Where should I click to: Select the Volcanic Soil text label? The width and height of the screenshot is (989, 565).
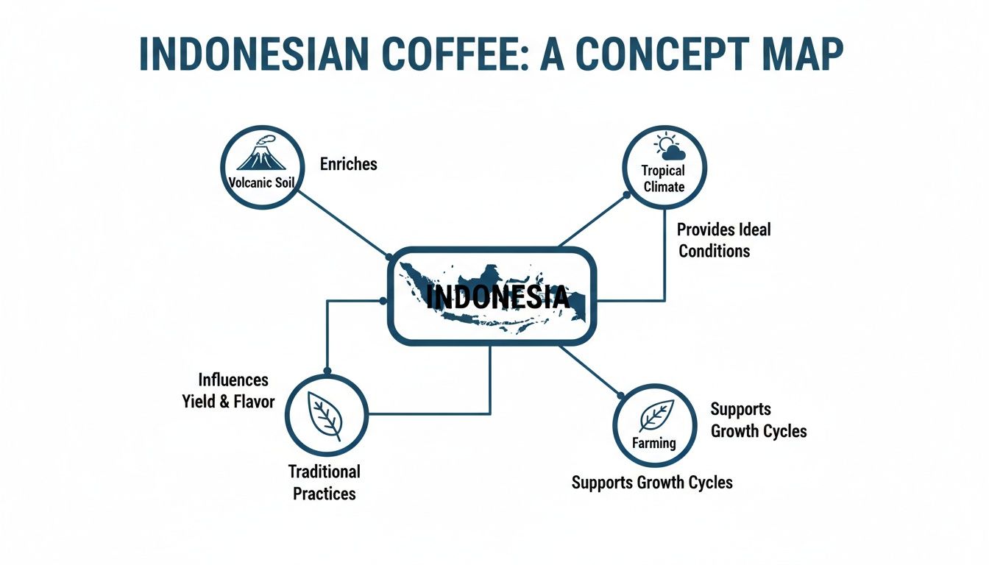point(263,182)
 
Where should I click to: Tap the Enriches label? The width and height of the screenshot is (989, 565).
point(348,164)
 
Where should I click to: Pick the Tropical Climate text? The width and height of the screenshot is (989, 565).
point(664,179)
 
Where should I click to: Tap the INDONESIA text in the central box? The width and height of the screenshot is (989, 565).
point(498,297)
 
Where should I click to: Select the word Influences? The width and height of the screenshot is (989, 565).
point(233,380)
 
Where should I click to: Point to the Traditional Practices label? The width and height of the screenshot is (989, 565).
point(325,482)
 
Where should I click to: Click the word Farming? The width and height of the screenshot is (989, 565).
point(654,443)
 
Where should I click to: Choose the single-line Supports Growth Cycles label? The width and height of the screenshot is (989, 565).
point(652,483)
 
